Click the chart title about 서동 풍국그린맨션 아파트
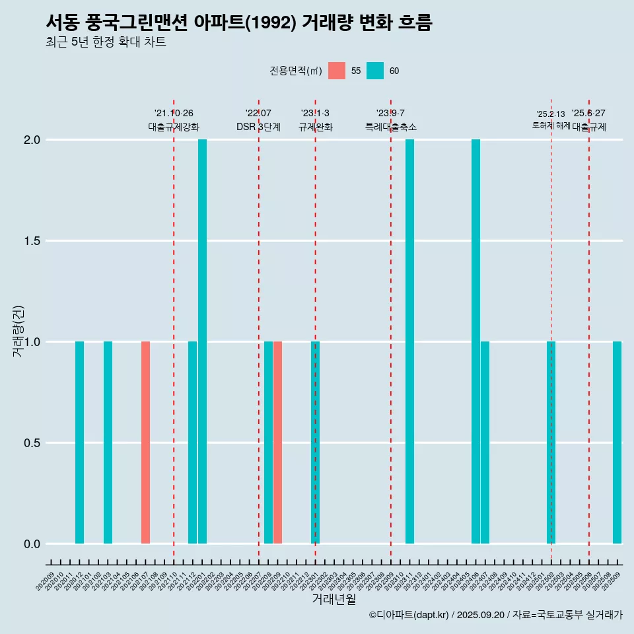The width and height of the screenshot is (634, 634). coord(239,22)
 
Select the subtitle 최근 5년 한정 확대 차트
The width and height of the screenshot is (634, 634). coord(106,42)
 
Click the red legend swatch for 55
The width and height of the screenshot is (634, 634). coord(337,71)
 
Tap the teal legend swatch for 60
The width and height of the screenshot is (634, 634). coord(375,71)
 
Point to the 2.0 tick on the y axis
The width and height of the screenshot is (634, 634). coord(32,140)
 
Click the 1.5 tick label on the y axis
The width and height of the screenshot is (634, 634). coord(32,241)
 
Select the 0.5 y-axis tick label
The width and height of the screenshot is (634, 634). coord(32,443)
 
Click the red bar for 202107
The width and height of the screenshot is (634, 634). coord(145,442)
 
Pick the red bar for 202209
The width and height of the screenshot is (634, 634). coord(278,442)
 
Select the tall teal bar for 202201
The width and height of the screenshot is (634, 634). coord(202,341)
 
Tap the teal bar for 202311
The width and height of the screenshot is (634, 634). coord(409,341)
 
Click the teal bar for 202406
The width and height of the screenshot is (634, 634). coord(475,341)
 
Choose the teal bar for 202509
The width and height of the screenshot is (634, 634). coord(617,442)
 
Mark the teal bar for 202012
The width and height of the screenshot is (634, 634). coord(79,442)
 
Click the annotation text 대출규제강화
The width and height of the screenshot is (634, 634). coord(174,127)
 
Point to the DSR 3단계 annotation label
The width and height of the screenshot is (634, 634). coord(258,127)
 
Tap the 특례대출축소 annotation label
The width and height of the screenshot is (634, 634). coord(390,127)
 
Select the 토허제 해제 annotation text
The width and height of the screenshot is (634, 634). coord(551,125)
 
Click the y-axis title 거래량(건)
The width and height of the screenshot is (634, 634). coord(18,330)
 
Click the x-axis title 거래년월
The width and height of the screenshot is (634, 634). coord(334,599)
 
